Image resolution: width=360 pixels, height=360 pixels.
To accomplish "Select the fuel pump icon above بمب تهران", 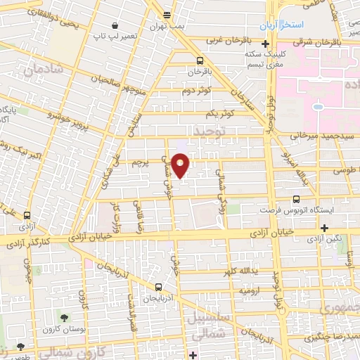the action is [167, 14].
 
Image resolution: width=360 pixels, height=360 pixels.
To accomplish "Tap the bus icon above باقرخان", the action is [200, 60].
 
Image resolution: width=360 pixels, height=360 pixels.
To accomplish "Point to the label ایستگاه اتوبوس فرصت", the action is [307, 211].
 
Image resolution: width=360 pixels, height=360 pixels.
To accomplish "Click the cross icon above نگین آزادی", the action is [324, 228].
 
